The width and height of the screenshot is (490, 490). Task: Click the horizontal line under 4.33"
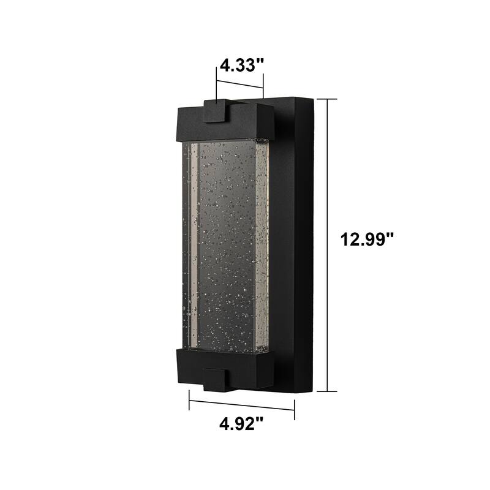(x=239, y=84)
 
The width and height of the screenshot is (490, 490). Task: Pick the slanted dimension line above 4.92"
(x=242, y=405)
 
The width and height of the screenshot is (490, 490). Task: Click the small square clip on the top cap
(x=215, y=111)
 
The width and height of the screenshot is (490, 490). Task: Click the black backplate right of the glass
(x=294, y=245)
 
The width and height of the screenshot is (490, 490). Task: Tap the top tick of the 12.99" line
(x=327, y=99)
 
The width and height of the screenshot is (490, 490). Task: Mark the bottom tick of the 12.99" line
(x=327, y=391)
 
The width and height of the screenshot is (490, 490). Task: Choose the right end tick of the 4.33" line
(x=263, y=86)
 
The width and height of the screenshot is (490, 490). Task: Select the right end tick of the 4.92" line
(x=295, y=410)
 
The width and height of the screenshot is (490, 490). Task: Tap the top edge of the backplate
(x=288, y=97)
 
